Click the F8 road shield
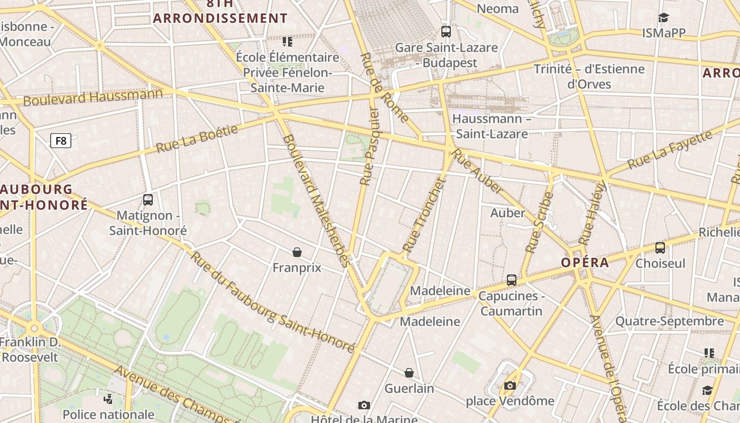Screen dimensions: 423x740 tap(61, 141)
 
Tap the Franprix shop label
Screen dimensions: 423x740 tap(297, 268)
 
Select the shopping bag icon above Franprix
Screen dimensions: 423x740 tap(297, 252)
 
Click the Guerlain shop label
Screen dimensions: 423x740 tap(409, 389)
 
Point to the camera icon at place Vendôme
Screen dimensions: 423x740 tap(510, 386)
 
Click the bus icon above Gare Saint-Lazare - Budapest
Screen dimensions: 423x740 tap(446, 32)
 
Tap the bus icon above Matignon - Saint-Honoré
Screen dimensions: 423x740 tap(148, 200)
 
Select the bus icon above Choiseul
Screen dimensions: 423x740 tap(660, 247)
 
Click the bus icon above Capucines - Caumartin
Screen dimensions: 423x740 tap(512, 280)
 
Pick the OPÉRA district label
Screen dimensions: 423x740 tap(585, 263)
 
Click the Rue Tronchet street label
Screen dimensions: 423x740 tap(424, 215)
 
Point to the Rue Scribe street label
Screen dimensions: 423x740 tap(539, 222)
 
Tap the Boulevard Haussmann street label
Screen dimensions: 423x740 tap(93, 97)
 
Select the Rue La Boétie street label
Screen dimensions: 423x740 tap(197, 139)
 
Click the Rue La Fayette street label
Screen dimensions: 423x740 tap(669, 150)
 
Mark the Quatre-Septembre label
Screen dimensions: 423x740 tap(669, 321)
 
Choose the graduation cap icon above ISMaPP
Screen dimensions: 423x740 tap(664, 18)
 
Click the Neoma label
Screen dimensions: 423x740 tap(497, 8)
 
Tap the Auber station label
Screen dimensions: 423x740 tap(507, 213)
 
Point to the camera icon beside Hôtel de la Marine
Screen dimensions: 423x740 tap(364, 406)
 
